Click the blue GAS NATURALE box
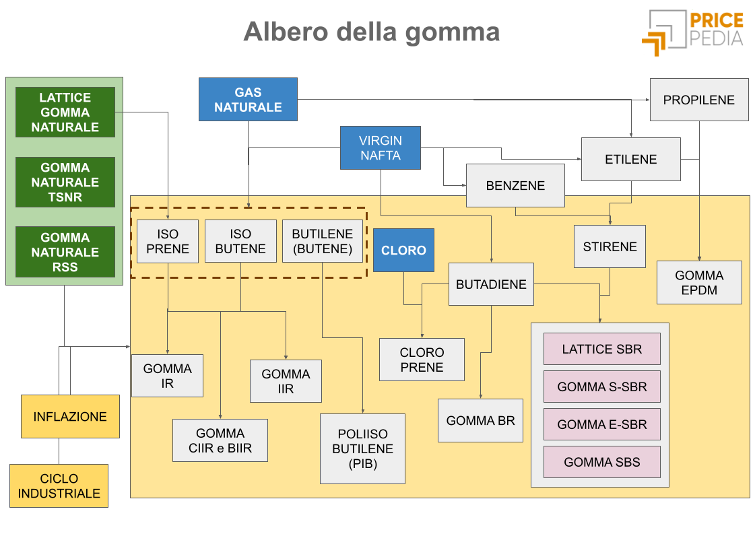point(248,100)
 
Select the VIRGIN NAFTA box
point(380,148)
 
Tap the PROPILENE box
point(698,100)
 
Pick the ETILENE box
point(630,160)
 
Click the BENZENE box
point(515,185)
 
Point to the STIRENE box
point(610,246)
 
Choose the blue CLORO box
point(403,250)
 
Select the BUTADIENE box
point(491,284)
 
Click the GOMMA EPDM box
point(699,283)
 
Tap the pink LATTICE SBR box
point(601,349)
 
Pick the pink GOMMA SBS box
point(601,462)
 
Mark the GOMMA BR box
point(480,421)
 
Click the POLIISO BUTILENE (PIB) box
point(362,448)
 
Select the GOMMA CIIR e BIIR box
point(220,440)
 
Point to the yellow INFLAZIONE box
point(70,417)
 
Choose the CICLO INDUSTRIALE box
point(59,486)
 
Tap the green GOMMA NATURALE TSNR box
point(65,182)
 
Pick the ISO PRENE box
point(168,241)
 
